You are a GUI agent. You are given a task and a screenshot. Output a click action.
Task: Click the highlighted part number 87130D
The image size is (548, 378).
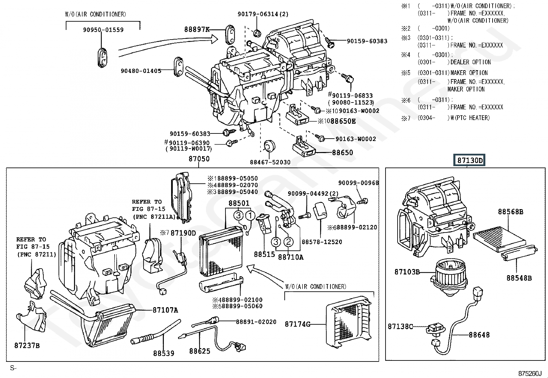click(470, 160)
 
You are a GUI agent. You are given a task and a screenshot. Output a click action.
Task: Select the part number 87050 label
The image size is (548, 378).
click(199, 159)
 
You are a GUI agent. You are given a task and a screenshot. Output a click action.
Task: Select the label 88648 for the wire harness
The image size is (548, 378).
click(479, 335)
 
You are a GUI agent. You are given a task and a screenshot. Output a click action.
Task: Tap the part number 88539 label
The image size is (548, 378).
click(164, 353)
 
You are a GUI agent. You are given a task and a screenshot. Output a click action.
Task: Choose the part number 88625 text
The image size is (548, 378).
click(200, 351)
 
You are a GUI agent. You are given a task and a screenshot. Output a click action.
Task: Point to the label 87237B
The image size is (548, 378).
click(27, 345)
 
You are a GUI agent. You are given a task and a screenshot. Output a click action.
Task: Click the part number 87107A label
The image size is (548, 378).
click(165, 310)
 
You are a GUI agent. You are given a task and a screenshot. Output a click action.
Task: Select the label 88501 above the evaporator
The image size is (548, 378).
click(239, 204)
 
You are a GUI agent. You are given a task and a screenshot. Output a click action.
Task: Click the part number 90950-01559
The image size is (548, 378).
click(103, 30)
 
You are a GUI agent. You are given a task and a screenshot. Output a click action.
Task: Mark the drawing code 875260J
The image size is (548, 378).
click(530, 374)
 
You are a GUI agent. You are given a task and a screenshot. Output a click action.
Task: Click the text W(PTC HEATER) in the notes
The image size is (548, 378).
click(470, 118)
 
